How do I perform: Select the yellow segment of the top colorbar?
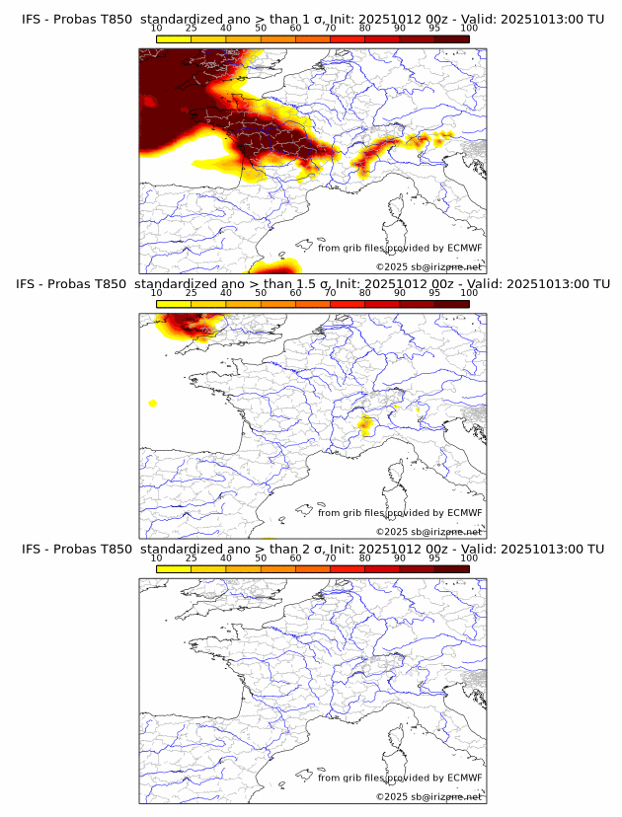click(174, 38)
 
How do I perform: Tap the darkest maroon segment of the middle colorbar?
click(451, 304)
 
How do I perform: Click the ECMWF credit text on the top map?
click(400, 248)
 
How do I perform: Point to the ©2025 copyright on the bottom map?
click(428, 795)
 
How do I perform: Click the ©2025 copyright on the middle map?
click(428, 531)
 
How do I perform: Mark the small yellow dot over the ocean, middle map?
click(153, 403)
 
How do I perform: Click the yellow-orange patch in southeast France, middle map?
click(364, 425)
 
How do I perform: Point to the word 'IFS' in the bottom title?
click(32, 549)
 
